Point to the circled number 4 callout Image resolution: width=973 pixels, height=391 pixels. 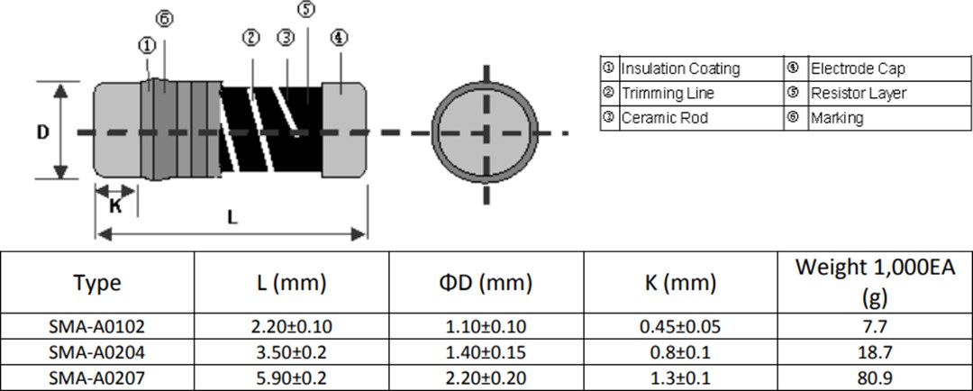(339, 37)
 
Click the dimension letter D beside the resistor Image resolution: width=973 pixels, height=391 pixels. (42, 132)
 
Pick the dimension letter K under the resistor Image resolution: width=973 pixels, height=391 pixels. (115, 205)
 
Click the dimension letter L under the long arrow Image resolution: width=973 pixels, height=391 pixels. (232, 217)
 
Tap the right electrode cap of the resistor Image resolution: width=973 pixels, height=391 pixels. (344, 131)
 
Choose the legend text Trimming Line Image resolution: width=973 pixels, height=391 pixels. (668, 93)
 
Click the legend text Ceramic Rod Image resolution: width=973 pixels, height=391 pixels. (665, 118)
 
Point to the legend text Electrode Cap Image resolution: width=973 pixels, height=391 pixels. (858, 68)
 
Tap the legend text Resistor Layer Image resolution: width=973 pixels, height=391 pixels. (859, 93)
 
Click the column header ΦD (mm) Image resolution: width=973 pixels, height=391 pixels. (486, 283)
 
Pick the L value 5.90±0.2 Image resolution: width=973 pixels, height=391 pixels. (292, 378)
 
